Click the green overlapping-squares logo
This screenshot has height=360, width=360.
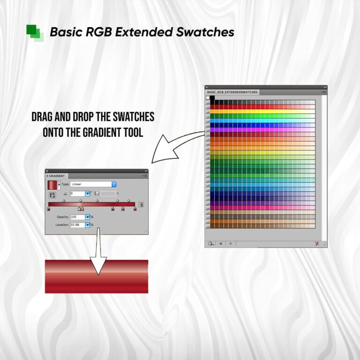tap(35, 32)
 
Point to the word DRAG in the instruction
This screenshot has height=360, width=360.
tap(44, 117)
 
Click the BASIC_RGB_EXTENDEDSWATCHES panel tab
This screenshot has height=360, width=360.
tap(232, 92)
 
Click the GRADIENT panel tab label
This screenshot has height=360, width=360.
tap(57, 176)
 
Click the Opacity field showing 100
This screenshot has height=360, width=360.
tap(77, 217)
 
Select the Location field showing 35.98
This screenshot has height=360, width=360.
tap(77, 225)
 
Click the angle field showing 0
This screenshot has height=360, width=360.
tap(77, 193)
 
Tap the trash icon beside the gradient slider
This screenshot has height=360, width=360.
tap(141, 204)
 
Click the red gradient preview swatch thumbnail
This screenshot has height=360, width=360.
tap(52, 184)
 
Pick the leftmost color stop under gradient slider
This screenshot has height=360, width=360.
tap(49, 209)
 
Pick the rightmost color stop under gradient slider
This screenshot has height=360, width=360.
tap(135, 209)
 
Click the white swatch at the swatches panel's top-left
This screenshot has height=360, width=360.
tap(207, 98)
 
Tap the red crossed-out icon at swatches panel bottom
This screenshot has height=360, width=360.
tap(317, 243)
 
